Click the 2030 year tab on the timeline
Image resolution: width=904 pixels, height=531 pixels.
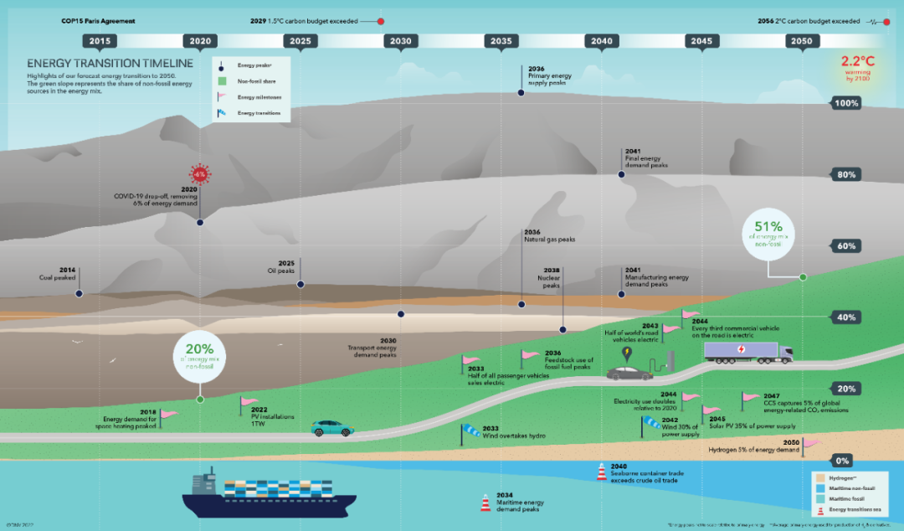point(400,41)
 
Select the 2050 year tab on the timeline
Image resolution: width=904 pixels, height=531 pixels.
point(801,41)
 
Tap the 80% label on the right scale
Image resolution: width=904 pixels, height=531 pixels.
point(845,175)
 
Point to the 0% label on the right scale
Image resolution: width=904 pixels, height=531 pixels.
point(842,461)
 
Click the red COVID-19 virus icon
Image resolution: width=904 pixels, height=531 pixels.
point(199,174)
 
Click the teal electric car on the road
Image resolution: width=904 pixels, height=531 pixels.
point(332,428)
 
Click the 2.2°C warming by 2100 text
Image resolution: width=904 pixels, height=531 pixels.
point(857,68)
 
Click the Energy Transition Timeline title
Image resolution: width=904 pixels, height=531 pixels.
point(110,64)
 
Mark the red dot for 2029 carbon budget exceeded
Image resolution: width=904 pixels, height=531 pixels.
point(381,21)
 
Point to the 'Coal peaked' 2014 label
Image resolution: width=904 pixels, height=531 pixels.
point(57,274)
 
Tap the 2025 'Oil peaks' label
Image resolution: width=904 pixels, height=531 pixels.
point(286,267)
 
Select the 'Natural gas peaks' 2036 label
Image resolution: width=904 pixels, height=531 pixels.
point(543,236)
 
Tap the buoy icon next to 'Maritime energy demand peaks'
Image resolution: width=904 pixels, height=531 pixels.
point(485,503)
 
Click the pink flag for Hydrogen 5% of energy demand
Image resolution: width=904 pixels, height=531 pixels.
point(811,444)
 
